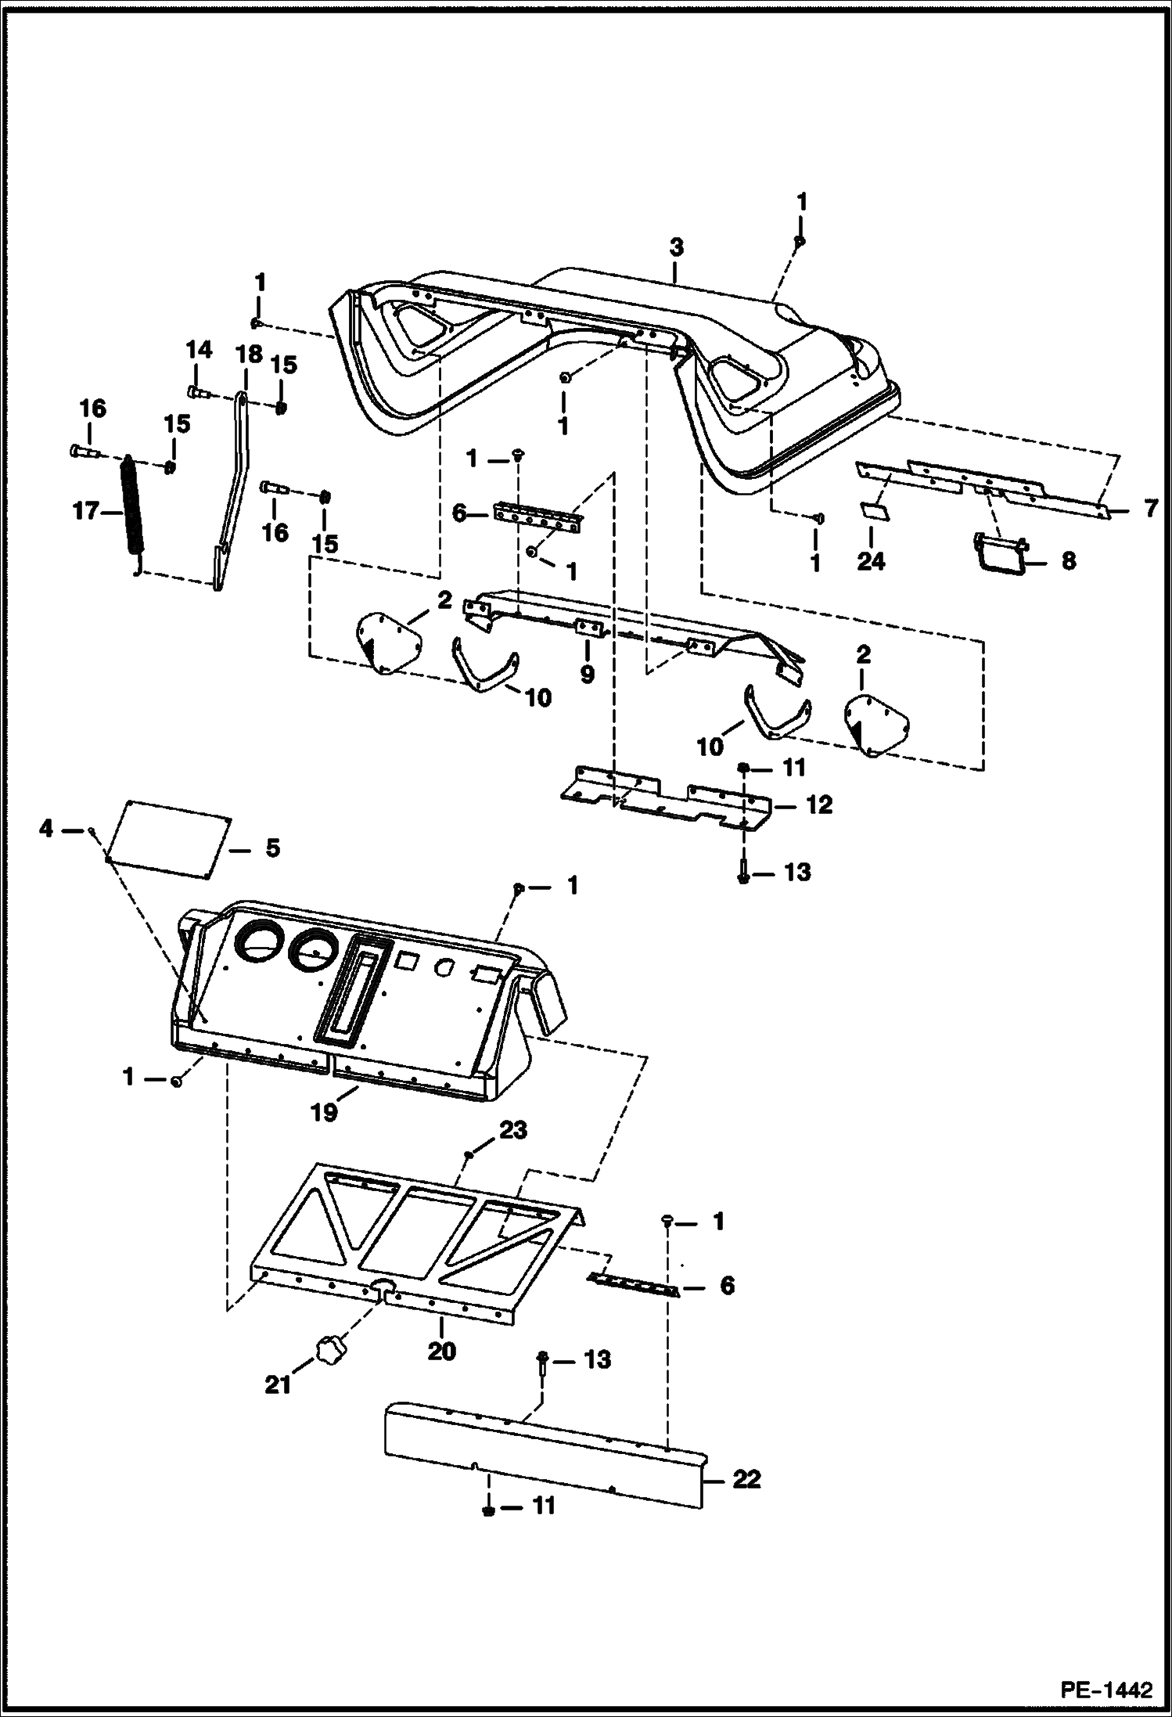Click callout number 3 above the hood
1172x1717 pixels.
676,249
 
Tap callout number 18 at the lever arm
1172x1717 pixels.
249,355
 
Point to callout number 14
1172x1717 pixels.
199,350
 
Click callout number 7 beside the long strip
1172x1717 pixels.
1149,509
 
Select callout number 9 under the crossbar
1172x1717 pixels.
587,673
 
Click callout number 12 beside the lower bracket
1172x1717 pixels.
818,805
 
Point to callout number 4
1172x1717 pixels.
47,828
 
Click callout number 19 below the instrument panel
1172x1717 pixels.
324,1111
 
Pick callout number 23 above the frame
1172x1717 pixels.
514,1130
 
